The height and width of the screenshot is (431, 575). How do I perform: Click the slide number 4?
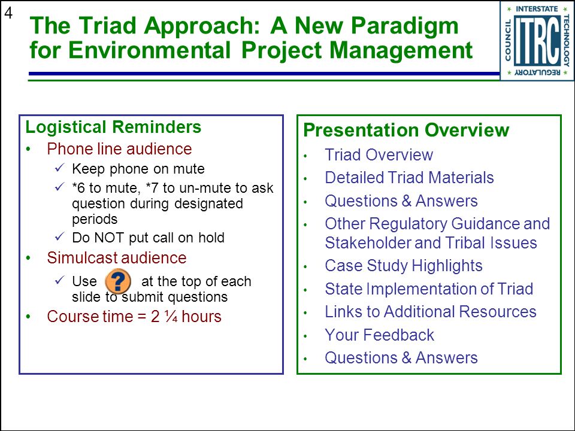[8, 14]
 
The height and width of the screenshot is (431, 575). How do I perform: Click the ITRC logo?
[537, 40]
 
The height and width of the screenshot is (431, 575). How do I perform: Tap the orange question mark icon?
[118, 281]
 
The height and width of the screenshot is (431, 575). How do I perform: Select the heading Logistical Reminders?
[113, 127]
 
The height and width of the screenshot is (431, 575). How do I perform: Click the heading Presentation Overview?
[406, 130]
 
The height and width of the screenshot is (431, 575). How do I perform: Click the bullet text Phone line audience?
[119, 149]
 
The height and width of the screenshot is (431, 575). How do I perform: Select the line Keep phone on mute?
[138, 169]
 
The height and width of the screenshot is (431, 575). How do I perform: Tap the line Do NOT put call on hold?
[148, 238]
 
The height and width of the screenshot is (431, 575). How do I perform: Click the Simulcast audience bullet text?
[117, 257]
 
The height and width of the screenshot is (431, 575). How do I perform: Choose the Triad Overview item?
[379, 154]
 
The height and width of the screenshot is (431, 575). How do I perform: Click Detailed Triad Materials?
[409, 177]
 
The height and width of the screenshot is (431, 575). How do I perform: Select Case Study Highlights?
[403, 266]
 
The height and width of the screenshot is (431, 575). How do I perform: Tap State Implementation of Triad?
[429, 289]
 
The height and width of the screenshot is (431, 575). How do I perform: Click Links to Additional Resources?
[431, 311]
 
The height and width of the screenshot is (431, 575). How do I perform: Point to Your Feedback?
[380, 335]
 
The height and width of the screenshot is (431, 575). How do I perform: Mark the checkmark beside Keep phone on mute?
[60, 168]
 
